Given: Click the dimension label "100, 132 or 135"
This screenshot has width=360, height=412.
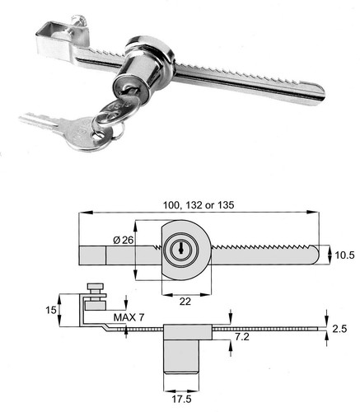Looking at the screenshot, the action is coord(199,205).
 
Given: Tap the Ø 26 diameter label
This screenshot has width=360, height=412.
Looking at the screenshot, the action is coord(123,241).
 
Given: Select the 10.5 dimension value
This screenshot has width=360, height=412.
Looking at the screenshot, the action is coord(344,255).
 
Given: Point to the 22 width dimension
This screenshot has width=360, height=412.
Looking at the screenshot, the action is coord(185,302).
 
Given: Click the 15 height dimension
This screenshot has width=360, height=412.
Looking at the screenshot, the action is coord(51,311).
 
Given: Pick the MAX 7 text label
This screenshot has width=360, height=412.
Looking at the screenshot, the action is coord(129,318).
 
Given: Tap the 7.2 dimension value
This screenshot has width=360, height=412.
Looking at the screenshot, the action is coord(242,337).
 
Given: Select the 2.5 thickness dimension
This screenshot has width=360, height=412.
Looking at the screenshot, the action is coord(339,329).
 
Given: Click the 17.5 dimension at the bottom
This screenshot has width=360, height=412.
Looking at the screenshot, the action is coord(182,400).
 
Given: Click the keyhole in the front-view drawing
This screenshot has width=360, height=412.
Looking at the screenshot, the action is coord(180,248).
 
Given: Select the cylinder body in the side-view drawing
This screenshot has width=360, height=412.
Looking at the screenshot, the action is coord(181,357).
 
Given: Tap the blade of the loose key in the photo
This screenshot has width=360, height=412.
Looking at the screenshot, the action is coord(40,120).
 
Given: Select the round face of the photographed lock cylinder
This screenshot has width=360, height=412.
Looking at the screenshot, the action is coord(131,89).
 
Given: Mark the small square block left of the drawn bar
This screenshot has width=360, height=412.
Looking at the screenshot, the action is coord(92,255).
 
